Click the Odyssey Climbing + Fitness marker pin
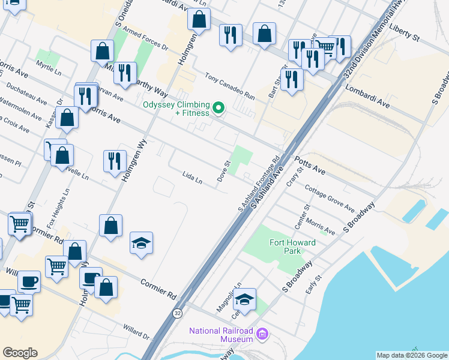coord(219,109)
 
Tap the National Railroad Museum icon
coord(262,334)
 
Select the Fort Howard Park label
coord(285,247)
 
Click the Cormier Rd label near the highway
coord(158,289)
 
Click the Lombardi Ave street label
coord(367,97)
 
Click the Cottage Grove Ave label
coord(329,197)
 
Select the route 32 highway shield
coord(178,313)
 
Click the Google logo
coord(20,353)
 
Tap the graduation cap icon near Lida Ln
coord(141,243)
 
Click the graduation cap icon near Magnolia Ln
coord(245,299)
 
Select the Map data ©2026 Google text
coord(411,355)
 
